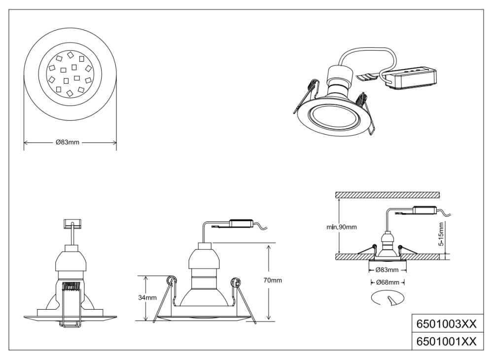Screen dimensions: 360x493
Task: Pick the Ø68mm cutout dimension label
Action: (x=387, y=283)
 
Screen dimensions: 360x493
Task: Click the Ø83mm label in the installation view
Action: (x=387, y=270)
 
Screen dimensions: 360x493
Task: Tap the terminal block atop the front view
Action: (x=72, y=223)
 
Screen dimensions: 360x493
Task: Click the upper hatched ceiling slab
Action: (x=387, y=195)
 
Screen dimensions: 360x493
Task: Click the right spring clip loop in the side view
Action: (x=236, y=283)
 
